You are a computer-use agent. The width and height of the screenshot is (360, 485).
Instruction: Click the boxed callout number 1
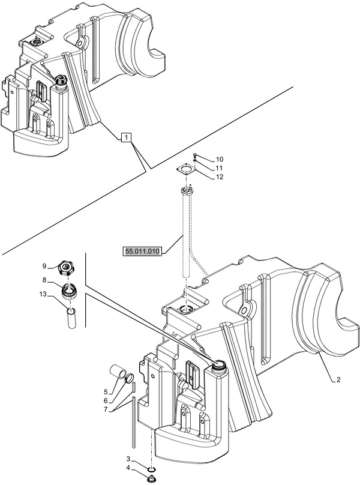click(x=125, y=137)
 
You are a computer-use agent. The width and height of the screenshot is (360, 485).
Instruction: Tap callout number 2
click(x=339, y=380)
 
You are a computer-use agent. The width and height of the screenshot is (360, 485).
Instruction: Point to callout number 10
click(x=203, y=159)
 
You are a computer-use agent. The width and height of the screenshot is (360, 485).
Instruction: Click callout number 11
click(x=203, y=168)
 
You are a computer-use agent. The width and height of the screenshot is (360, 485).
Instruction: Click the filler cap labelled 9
click(x=67, y=268)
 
